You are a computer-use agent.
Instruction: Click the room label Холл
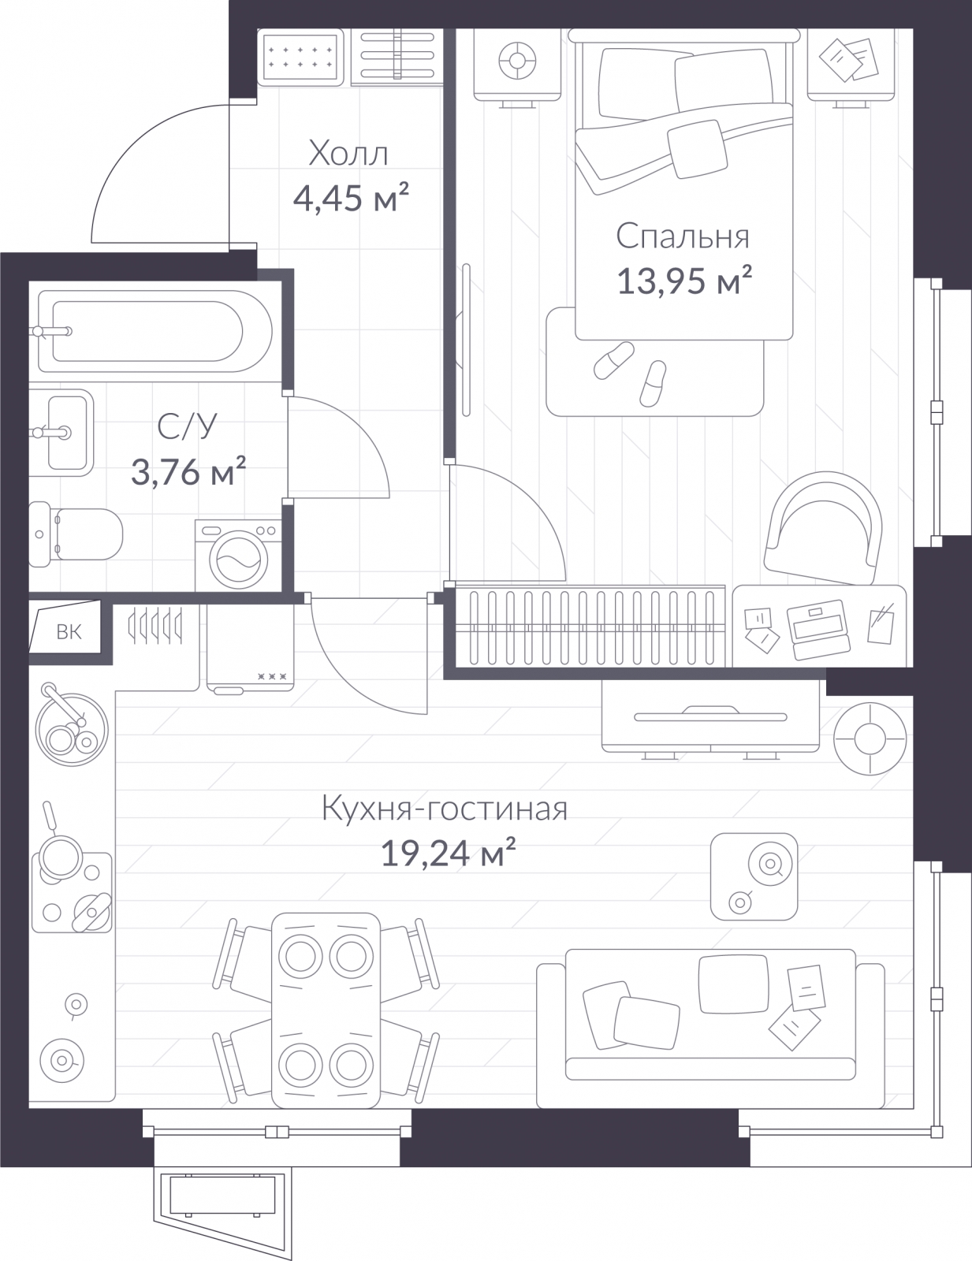pos(348,154)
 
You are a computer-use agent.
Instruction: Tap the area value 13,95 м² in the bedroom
pos(684,281)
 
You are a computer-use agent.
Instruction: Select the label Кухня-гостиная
pos(445,809)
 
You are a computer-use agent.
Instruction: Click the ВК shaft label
pos(69,632)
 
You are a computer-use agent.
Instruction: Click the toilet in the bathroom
pos(76,534)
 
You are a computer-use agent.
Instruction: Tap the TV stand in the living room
pos(710,716)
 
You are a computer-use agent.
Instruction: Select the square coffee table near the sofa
pos(754,876)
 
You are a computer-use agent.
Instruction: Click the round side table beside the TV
pos(870,738)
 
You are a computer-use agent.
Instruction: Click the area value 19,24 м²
pos(448,853)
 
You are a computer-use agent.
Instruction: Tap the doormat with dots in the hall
pos(300,58)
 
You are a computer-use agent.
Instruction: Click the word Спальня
pos(683,236)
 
